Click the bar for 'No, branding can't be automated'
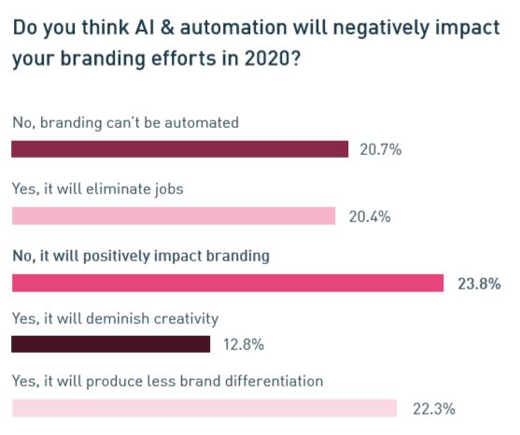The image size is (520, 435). click(180, 148)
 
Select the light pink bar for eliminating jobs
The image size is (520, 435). click(174, 216)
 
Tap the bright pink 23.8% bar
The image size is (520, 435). click(228, 283)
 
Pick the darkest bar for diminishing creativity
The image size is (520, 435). click(110, 344)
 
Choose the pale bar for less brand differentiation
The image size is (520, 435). click(204, 408)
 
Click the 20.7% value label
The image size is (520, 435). click(381, 150)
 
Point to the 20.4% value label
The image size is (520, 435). click(370, 217)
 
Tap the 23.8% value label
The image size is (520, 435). click(479, 284)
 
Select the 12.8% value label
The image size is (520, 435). click(244, 344)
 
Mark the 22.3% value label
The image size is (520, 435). click(434, 409)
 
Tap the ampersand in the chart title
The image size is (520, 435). click(168, 27)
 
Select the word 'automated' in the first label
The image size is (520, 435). click(202, 122)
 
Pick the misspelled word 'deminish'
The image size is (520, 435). click(118, 318)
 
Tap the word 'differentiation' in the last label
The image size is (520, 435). click(274, 381)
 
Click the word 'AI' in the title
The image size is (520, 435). click(145, 27)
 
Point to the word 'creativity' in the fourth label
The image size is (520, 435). click(186, 319)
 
